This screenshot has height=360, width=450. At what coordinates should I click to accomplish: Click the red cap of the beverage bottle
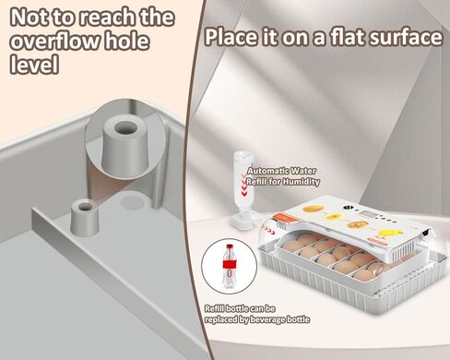[x=228, y=246]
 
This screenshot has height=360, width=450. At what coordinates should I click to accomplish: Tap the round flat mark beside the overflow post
[x=133, y=198]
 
